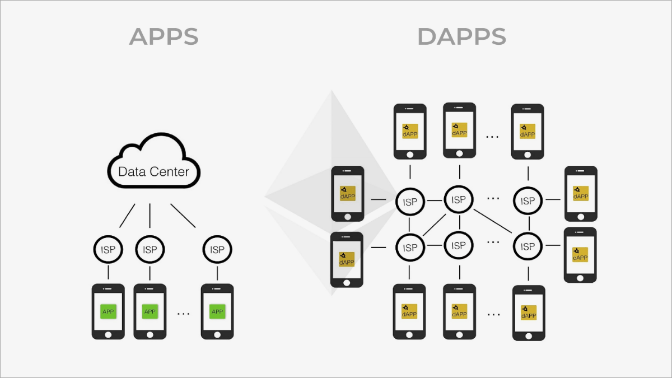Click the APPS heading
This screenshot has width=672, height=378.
point(164,36)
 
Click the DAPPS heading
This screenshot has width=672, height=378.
point(461,36)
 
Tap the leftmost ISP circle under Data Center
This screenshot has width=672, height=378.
point(108,250)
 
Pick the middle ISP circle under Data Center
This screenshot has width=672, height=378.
point(150,250)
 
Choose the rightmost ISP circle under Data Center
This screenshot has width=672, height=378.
point(217,250)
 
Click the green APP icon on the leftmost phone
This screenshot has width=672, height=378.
point(108,311)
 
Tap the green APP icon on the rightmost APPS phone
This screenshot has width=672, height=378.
point(217,311)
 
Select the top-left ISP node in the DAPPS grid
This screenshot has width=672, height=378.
point(410,202)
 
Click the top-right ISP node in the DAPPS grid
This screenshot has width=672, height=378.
point(528,200)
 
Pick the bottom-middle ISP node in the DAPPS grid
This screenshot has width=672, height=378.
point(459,245)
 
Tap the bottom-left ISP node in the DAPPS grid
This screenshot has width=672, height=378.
point(410,247)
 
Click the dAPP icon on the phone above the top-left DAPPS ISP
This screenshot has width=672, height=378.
point(410,131)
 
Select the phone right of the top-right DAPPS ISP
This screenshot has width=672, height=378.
point(581,194)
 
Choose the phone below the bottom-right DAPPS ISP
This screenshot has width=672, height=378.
point(529,313)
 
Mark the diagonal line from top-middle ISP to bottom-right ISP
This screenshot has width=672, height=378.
point(494,221)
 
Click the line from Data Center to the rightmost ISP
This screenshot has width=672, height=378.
point(183,216)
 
